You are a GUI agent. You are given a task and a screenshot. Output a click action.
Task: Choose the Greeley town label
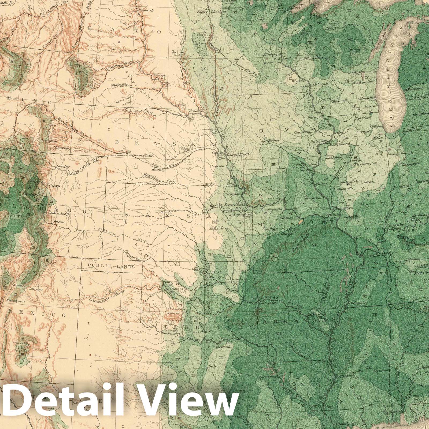point(63,167)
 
